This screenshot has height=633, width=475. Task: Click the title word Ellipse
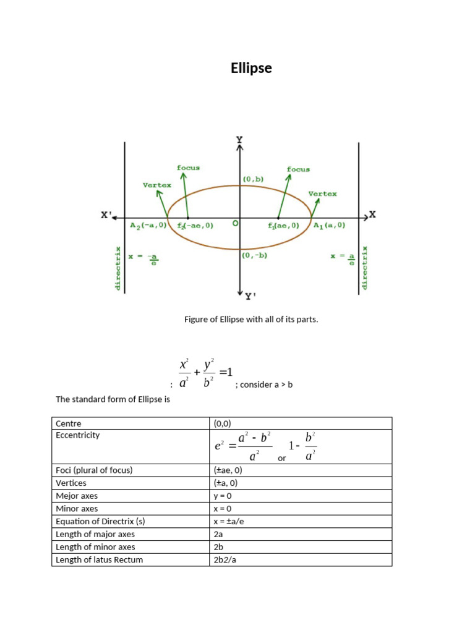(251, 68)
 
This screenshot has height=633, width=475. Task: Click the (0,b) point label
(253, 179)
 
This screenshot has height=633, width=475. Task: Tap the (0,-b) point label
(254, 255)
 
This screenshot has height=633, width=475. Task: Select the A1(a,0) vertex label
(329, 226)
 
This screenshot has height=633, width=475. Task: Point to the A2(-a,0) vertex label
(148, 226)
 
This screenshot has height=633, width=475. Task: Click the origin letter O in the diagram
(235, 224)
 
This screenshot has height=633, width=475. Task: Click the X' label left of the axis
(106, 215)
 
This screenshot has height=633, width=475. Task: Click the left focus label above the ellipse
(188, 168)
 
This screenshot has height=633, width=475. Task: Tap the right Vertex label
(323, 193)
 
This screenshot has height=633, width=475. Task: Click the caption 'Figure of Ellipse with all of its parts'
(251, 320)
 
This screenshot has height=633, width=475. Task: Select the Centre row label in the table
(69, 423)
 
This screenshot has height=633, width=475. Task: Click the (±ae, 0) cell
(228, 470)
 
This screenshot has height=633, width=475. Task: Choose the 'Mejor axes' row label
(77, 496)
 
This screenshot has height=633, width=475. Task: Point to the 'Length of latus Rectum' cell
(99, 560)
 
